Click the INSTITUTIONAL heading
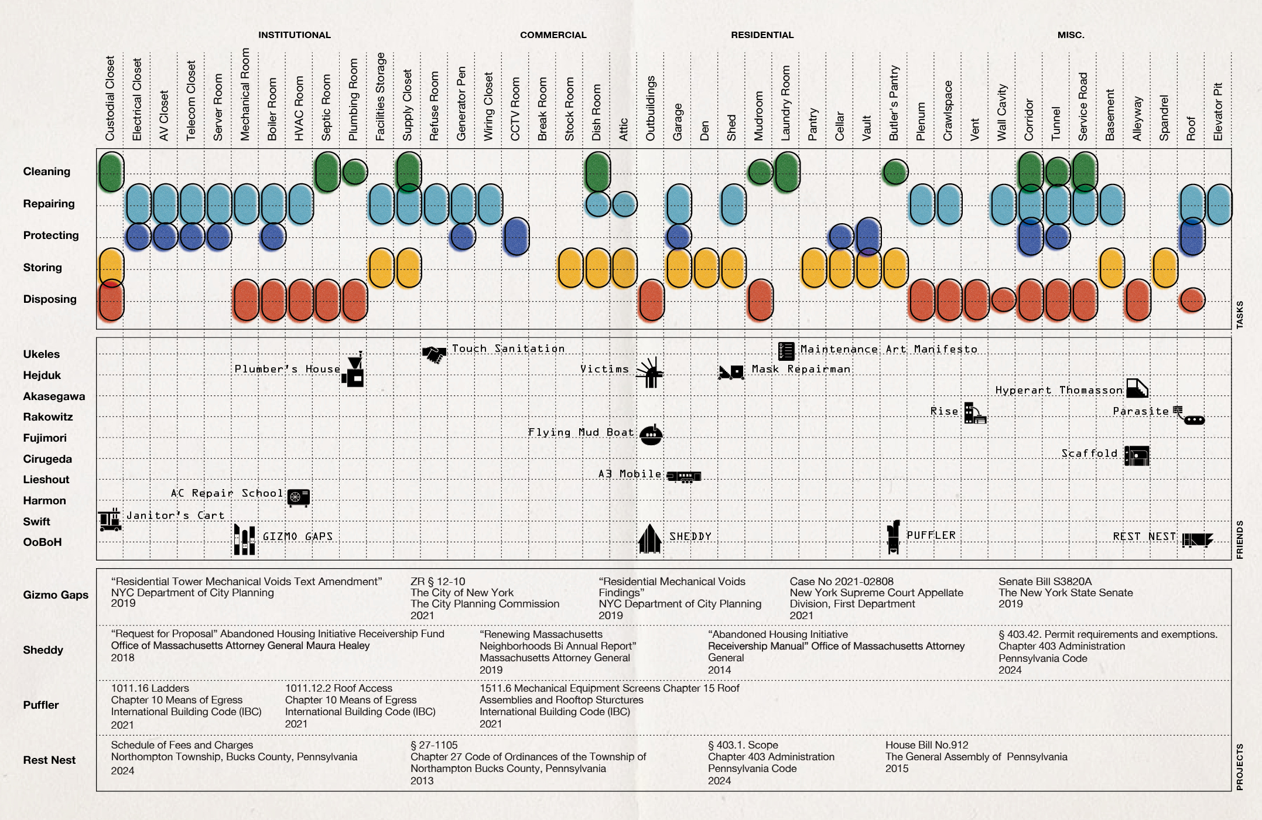coord(295,35)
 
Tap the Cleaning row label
coord(47,172)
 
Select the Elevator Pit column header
coord(1218,111)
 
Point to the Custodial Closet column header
coord(110,98)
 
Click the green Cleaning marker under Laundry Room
coord(787,172)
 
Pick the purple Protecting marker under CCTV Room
coord(517,236)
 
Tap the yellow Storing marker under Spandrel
coord(1165,268)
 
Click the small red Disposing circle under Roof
coord(1192,299)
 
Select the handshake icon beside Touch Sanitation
coord(434,354)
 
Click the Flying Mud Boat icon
coord(651,435)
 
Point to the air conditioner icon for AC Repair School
coord(299,497)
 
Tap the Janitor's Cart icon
coord(110,520)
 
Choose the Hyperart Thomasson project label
coord(1059,390)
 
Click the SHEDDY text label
coord(690,537)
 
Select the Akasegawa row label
coord(54,397)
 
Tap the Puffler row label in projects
coord(41,705)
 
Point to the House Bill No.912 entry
coord(926,745)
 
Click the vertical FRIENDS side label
coord(1239,539)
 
